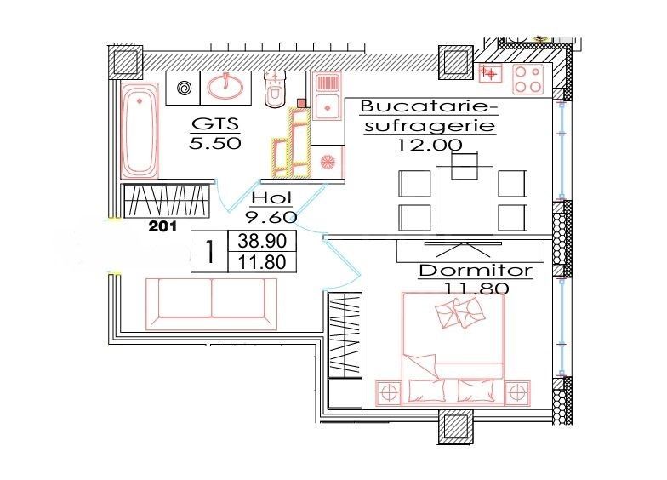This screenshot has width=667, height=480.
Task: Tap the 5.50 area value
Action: [x=215, y=143]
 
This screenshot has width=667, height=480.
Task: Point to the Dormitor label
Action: [x=476, y=271]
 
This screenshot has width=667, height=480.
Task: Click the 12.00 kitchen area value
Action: [x=430, y=144]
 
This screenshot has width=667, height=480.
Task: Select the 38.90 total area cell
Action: [x=262, y=241]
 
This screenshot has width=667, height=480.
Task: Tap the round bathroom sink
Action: [x=225, y=86]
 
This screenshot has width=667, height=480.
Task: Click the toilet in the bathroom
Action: [x=275, y=92]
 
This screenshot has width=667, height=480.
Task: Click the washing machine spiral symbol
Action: [x=183, y=87]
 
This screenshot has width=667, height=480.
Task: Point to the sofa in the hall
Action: [x=211, y=301]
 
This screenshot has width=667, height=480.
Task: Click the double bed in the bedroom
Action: [x=452, y=349]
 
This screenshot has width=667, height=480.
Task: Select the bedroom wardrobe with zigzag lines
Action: [x=345, y=335]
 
